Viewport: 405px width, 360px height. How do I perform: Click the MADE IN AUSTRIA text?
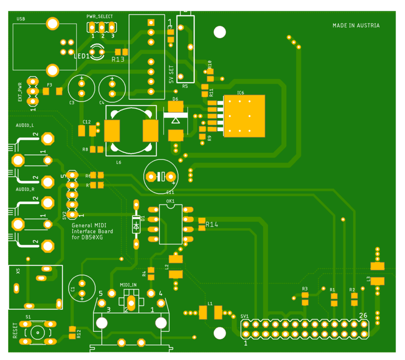(356, 26)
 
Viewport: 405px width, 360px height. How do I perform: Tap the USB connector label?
(21, 19)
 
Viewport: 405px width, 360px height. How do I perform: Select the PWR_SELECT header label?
(100, 17)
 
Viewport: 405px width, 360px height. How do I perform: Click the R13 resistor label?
(118, 60)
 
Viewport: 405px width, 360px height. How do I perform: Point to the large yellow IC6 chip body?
(244, 116)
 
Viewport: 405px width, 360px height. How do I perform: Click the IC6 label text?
(240, 93)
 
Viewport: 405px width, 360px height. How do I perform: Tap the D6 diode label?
(176, 99)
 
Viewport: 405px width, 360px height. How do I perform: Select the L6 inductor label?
(119, 162)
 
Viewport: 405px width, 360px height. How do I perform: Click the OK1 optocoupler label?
(170, 201)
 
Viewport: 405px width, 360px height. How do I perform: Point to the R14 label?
(212, 225)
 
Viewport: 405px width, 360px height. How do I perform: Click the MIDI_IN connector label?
(128, 285)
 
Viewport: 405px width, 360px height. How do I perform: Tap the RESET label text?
(15, 331)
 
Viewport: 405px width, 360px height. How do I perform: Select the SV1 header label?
(244, 316)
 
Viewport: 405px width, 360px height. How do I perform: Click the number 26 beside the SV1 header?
(363, 316)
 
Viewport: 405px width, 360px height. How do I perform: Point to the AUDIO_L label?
(25, 125)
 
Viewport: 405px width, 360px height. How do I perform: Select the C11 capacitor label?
(170, 192)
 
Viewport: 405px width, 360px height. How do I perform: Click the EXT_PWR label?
(20, 92)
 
